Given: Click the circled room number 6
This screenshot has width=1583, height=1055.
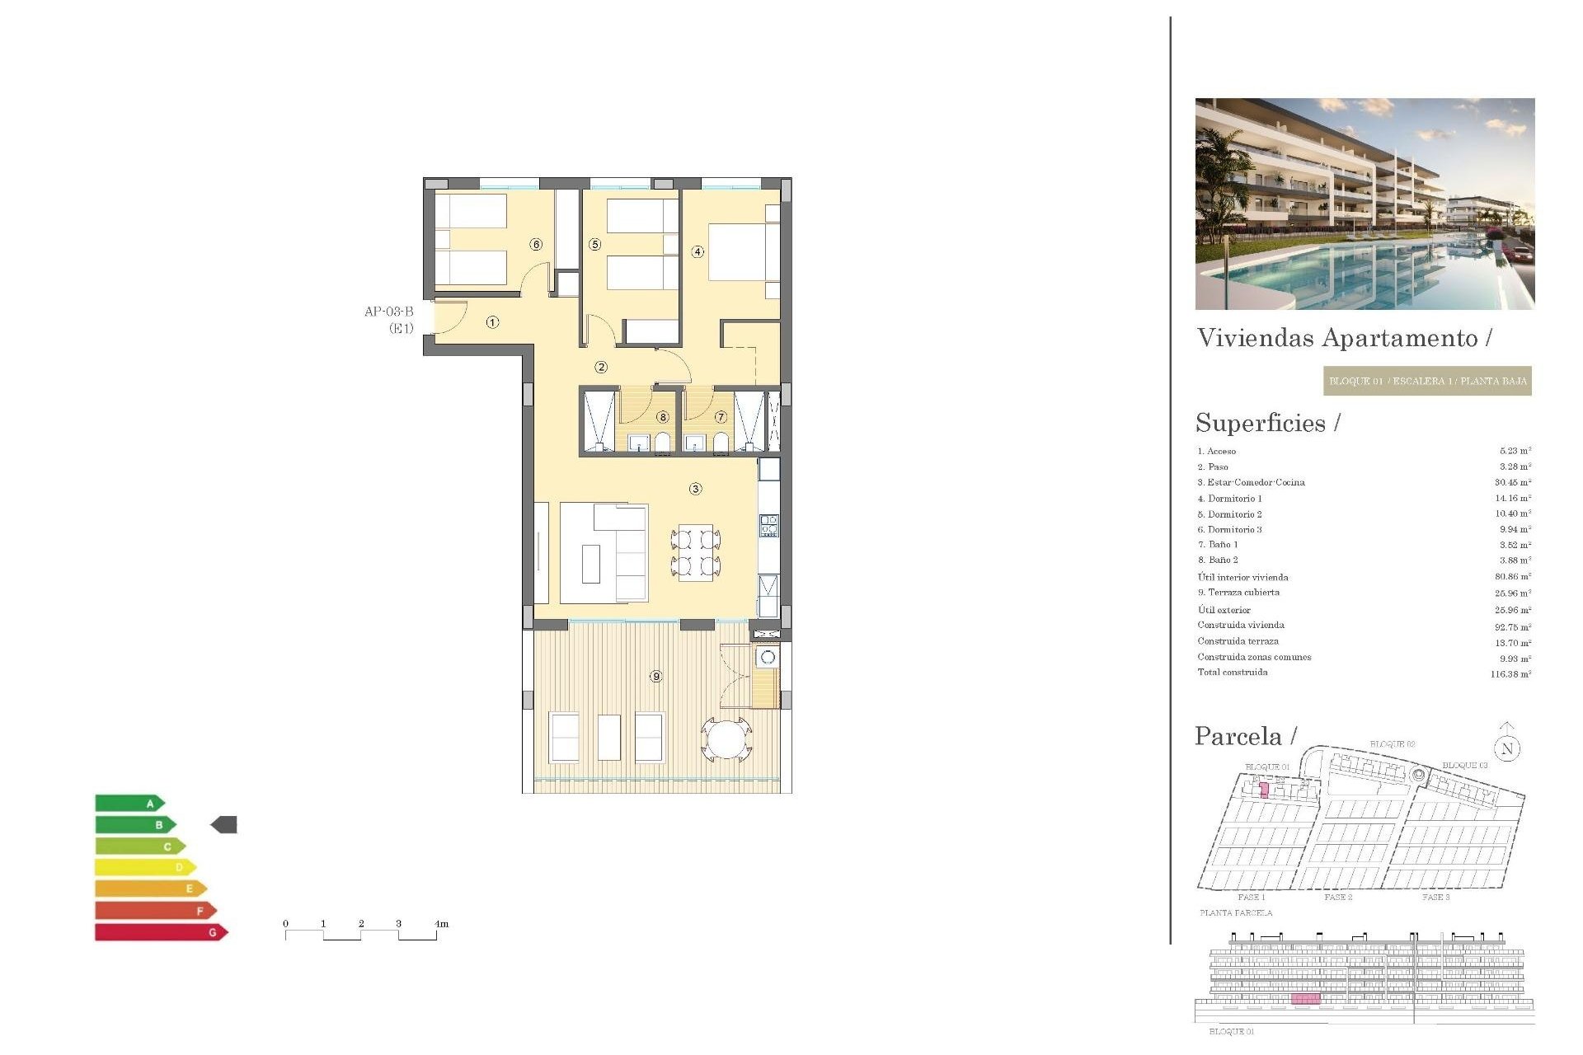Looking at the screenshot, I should (x=537, y=244).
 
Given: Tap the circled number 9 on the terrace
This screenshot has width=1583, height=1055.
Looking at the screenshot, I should (x=656, y=677).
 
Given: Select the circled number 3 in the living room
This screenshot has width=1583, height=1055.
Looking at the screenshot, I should (x=696, y=489).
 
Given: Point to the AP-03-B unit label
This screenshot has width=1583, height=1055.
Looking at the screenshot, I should (x=389, y=312).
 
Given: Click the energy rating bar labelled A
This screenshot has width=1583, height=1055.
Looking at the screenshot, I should (x=129, y=803).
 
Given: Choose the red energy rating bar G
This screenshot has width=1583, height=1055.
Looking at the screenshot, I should (x=161, y=932).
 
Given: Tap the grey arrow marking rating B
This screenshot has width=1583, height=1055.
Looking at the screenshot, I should (x=224, y=824).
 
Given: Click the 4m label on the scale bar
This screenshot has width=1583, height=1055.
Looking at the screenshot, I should (x=441, y=924).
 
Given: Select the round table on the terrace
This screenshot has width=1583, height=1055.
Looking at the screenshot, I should (x=726, y=738).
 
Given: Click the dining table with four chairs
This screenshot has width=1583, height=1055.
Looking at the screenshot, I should (x=696, y=552).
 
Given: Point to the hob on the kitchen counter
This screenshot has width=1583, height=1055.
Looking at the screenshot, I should (x=768, y=525).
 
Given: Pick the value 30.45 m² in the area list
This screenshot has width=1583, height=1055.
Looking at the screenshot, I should (x=1513, y=482).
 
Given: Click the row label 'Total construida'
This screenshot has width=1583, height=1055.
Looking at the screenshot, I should (x=1233, y=673).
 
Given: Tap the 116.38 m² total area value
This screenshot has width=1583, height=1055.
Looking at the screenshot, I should (x=1510, y=674).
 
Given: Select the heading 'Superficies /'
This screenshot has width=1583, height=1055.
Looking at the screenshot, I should (x=1267, y=423).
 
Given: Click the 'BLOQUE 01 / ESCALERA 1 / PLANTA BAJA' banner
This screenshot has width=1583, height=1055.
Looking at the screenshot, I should (x=1427, y=381).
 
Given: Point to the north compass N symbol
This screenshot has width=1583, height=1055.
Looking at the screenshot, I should (x=1507, y=748).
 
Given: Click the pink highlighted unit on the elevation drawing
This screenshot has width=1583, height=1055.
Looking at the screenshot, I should (x=1305, y=999).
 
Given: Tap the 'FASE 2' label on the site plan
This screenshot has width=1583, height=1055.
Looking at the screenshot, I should (x=1338, y=897).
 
